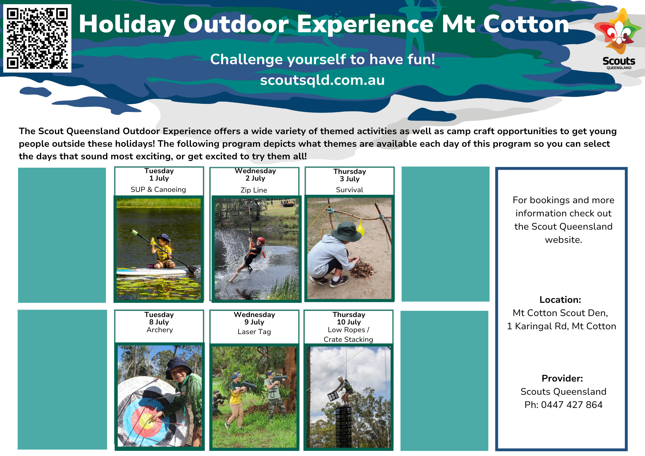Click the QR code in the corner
coord(37,38)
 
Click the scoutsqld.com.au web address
coord(322,80)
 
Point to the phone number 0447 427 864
coord(572,405)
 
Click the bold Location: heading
coord(560,300)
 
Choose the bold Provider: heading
coord(562,378)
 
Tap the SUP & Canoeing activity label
coord(158,190)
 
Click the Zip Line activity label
coord(254,190)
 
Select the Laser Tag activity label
coord(254,332)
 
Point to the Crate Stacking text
coord(348,340)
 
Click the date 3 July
coord(350,179)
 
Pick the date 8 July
coord(159,322)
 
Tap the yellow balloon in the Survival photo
coord(360,227)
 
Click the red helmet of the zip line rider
coord(261,240)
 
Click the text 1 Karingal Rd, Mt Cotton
coord(561,326)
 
